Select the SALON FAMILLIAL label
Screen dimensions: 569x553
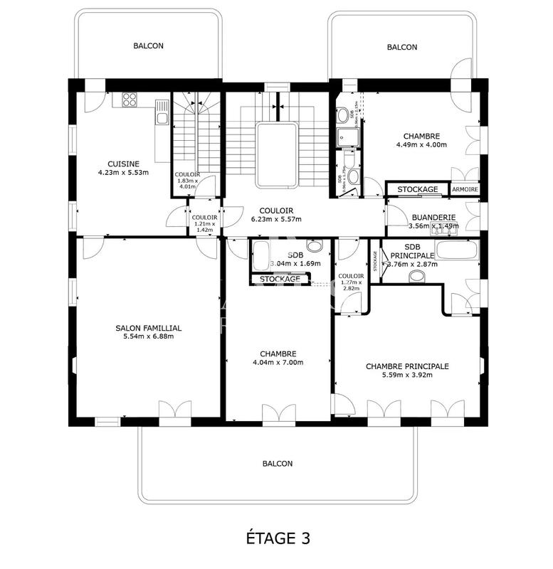[x=149, y=328]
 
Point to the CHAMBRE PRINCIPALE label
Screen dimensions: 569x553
[x=407, y=366]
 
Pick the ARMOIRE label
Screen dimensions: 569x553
[x=465, y=190]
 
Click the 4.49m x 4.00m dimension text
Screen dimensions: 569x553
[x=421, y=145]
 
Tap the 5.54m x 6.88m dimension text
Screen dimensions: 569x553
[x=149, y=336]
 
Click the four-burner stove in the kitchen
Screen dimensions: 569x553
[x=130, y=100]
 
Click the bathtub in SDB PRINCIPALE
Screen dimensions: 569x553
[x=456, y=250]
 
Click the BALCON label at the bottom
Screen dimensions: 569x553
[x=277, y=464]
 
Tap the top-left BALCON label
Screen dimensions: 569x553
[x=148, y=46]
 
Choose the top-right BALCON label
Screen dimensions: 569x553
[x=402, y=47]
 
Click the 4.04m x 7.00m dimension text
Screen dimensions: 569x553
[x=278, y=362]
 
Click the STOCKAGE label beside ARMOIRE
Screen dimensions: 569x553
[x=417, y=190]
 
